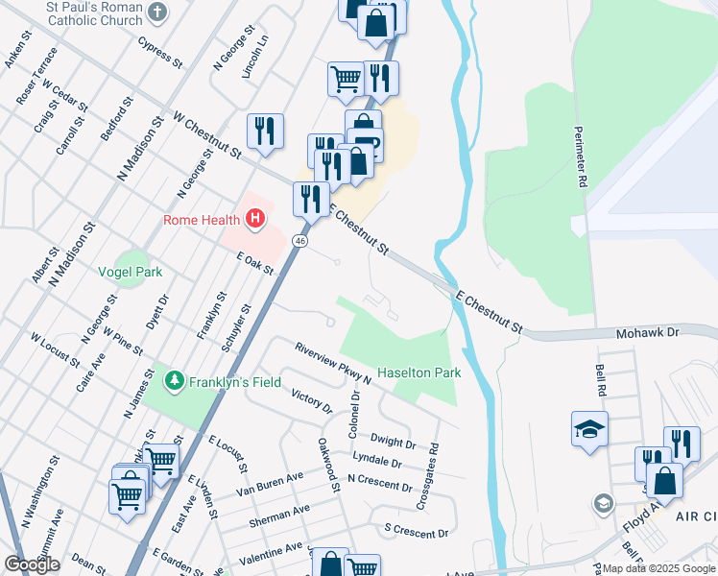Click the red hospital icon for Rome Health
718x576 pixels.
coord(255,220)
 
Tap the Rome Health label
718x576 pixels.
coord(201,220)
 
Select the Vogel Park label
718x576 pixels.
coord(131,272)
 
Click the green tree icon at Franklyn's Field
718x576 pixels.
coord(174,382)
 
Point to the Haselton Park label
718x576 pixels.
coord(419,372)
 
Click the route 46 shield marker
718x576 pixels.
coord(300,241)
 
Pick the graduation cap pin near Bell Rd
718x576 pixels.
coord(589,429)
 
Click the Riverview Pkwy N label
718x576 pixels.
coord(333,364)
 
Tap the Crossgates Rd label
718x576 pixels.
coord(427,476)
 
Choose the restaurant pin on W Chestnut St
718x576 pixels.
coord(265,132)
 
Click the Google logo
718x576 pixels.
coord(32,564)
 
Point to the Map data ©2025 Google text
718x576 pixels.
coord(658,568)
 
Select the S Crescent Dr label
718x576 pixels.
coord(416,531)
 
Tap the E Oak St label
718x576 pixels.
coord(255,262)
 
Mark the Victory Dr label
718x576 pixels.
coord(311,401)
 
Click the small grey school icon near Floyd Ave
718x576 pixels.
coord(603,502)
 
